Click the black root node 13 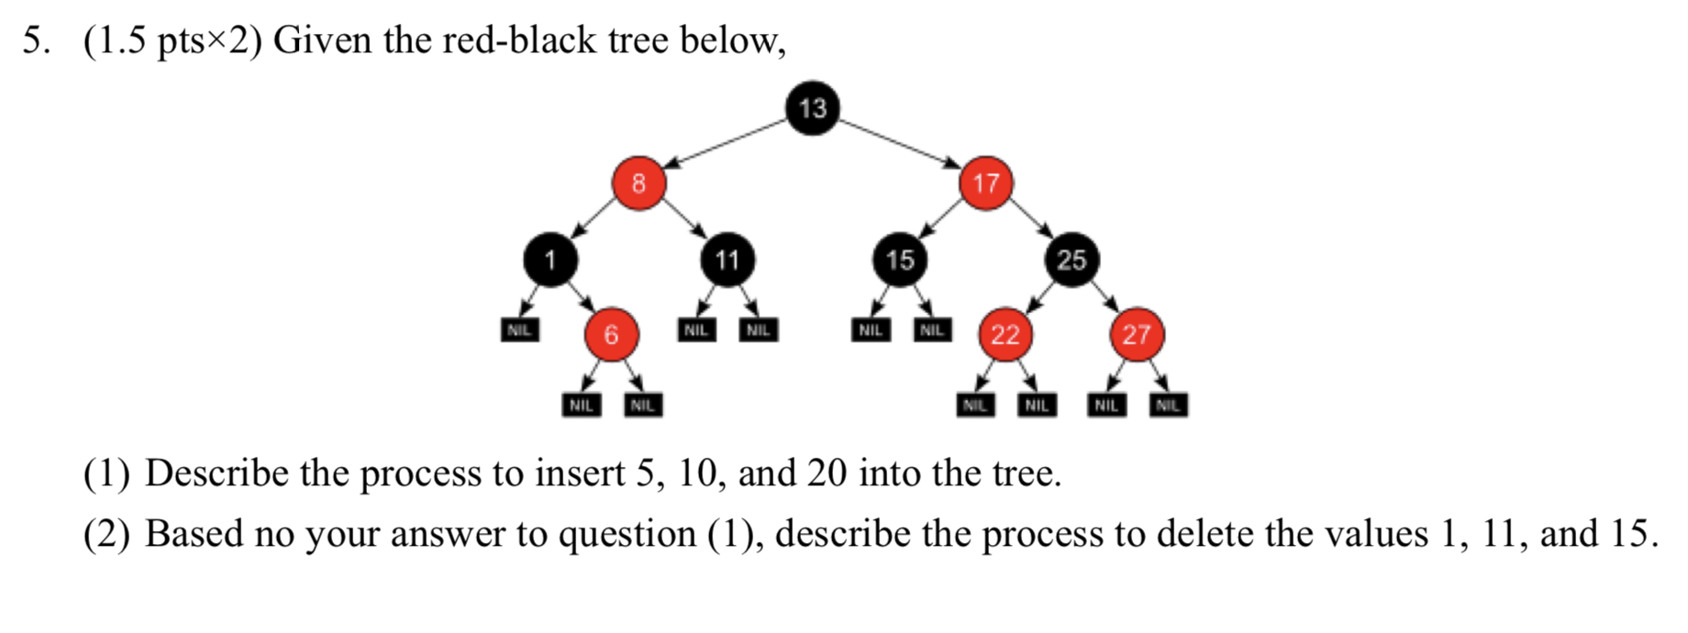pos(812,108)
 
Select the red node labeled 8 pos(639,183)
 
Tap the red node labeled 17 pos(985,183)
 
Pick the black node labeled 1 pos(550,260)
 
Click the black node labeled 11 pos(727,260)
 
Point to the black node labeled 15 pos(900,260)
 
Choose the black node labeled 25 pos(1071,260)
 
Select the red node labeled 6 pos(611,335)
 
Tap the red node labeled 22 pos(1005,335)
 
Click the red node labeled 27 pos(1136,335)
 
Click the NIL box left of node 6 pos(519,329)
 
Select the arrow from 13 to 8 pos(725,144)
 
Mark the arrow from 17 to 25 pos(1029,220)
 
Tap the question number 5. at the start pos(37,40)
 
